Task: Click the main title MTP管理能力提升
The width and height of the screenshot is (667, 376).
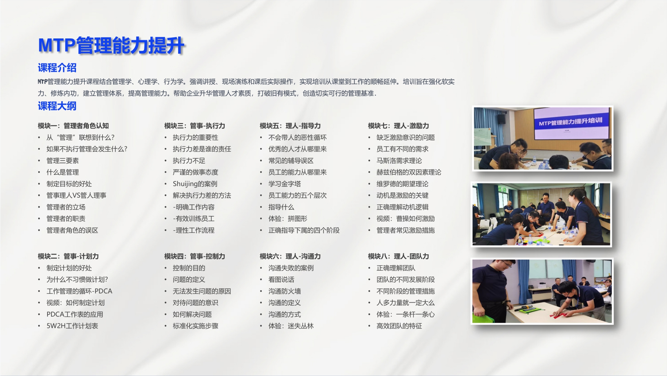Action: pyautogui.click(x=111, y=45)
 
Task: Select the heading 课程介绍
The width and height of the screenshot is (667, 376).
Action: pyautogui.click(x=57, y=68)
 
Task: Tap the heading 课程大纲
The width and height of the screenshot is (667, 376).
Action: pyautogui.click(x=57, y=106)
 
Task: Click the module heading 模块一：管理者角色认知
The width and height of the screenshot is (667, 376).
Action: pyautogui.click(x=73, y=126)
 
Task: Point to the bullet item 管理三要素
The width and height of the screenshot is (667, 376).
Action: pyautogui.click(x=62, y=161)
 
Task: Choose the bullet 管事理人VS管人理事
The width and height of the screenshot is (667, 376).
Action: pyautogui.click(x=76, y=195)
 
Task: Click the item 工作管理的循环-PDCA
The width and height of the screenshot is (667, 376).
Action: pyautogui.click(x=79, y=291)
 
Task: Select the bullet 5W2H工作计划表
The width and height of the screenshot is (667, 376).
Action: pyautogui.click(x=72, y=326)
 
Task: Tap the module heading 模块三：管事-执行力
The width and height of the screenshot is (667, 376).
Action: pyautogui.click(x=195, y=126)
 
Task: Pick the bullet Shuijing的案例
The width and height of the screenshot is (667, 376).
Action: pyautogui.click(x=195, y=184)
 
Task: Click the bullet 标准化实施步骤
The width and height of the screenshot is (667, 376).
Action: pyautogui.click(x=195, y=326)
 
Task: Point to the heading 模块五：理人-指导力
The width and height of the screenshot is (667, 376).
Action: pyautogui.click(x=290, y=126)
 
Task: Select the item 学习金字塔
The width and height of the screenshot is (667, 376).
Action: pyautogui.click(x=284, y=184)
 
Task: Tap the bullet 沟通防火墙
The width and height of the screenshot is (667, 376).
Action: pyautogui.click(x=284, y=291)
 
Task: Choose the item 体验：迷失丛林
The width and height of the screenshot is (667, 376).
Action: pyautogui.click(x=291, y=326)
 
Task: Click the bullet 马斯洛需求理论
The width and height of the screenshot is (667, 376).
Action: pyautogui.click(x=399, y=161)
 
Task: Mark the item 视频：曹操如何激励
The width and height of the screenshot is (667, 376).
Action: pyautogui.click(x=406, y=219)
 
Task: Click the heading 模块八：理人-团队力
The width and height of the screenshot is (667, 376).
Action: pyautogui.click(x=399, y=256)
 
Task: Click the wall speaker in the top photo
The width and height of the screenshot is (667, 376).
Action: pyautogui.click(x=501, y=119)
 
